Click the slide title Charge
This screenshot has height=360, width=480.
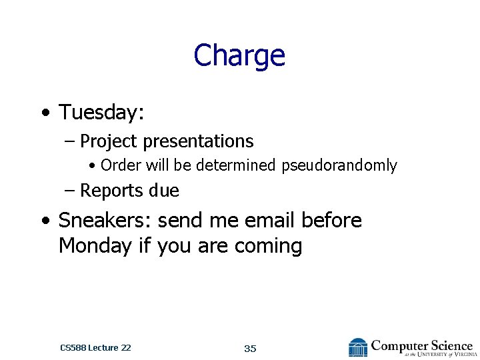(239, 55)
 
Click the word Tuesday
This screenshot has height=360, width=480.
(101, 113)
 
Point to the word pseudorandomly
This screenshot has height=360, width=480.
(339, 165)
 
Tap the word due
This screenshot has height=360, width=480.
(164, 191)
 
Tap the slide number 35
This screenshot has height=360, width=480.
(250, 349)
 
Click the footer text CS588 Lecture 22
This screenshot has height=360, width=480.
(95, 347)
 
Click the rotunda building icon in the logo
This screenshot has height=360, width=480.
(358, 347)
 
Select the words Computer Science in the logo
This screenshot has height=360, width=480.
(421, 345)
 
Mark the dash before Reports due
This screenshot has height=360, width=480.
(70, 191)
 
